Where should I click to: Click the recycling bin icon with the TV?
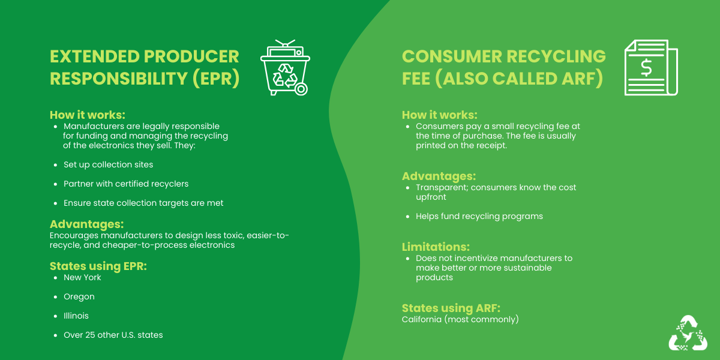tap(285, 67)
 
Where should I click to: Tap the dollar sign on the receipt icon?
tap(646, 68)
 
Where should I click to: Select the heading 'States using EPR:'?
tap(98, 266)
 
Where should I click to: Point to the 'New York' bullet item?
tap(82, 277)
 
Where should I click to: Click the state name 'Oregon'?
tap(79, 296)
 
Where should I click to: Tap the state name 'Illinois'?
tap(76, 316)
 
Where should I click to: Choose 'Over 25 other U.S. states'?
tap(113, 335)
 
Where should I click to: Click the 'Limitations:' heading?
tap(436, 247)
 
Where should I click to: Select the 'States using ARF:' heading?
tap(451, 308)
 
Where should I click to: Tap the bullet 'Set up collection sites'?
tap(109, 164)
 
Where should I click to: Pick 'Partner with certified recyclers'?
tap(126, 184)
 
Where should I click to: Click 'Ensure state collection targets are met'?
tap(143, 203)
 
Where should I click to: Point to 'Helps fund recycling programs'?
tap(479, 217)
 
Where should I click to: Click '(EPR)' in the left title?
tap(216, 79)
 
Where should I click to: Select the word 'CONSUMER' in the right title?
tap(452, 56)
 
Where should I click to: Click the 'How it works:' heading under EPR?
tap(88, 115)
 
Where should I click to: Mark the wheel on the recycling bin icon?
tap(301, 89)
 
